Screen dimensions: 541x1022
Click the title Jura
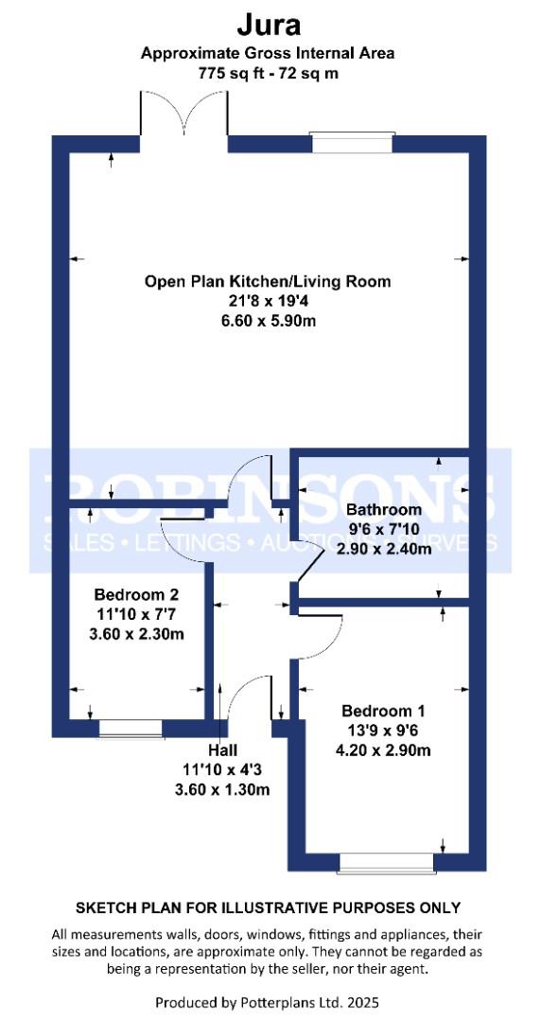point(269,26)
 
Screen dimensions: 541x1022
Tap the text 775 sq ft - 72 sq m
point(269,74)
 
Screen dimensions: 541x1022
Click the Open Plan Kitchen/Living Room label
point(268,282)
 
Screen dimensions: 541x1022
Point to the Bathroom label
point(384,510)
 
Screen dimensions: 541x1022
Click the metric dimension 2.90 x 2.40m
point(384,548)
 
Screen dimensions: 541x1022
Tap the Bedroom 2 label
point(136,595)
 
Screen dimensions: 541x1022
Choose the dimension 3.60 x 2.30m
point(136,633)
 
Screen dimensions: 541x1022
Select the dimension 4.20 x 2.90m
point(383,749)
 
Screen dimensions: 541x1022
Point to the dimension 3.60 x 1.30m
point(222,789)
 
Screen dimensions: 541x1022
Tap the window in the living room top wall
point(352,142)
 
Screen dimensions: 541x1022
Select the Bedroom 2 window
point(130,729)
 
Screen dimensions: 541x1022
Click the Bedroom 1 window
point(387,862)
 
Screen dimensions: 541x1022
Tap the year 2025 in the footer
point(364,1001)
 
